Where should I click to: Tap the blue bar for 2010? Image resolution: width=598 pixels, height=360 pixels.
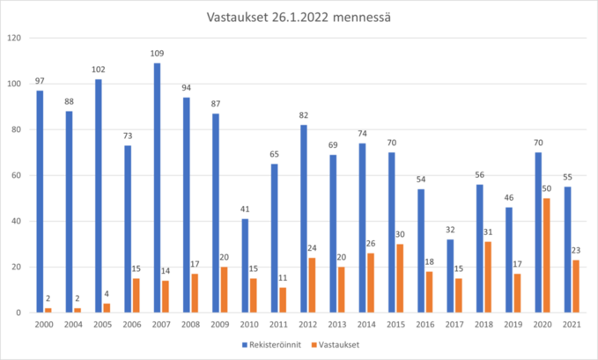pyautogui.click(x=244, y=265)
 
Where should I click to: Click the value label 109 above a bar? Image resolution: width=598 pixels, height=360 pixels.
pyautogui.click(x=157, y=55)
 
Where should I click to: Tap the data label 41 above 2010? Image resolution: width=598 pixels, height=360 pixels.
pyautogui.click(x=244, y=210)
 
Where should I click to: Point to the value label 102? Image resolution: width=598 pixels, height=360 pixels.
pyautogui.click(x=99, y=70)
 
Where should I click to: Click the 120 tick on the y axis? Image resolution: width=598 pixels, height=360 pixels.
pyautogui.click(x=13, y=38)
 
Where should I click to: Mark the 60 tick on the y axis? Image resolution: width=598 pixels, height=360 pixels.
pyautogui.click(x=16, y=175)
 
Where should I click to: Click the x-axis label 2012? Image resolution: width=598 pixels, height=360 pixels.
pyautogui.click(x=307, y=325)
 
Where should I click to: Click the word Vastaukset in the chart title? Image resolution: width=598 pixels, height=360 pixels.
pyautogui.click(x=233, y=17)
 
